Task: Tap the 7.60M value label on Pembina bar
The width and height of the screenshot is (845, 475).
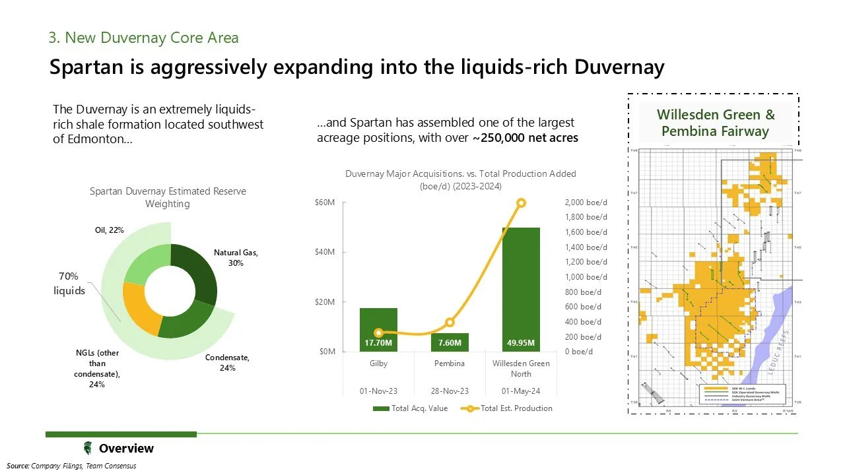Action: tap(450, 343)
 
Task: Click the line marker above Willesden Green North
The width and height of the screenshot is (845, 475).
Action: tap(522, 203)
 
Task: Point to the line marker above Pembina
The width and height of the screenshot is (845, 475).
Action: tap(450, 323)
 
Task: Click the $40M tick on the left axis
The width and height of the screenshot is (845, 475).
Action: tap(326, 252)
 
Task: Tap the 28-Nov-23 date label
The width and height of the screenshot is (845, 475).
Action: tap(450, 391)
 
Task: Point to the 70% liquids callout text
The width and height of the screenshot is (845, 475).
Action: tap(69, 283)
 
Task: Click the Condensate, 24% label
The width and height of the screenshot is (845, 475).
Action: tap(227, 362)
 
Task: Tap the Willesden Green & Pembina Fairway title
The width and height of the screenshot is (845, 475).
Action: tap(716, 123)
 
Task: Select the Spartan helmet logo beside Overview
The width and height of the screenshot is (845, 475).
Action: tap(88, 449)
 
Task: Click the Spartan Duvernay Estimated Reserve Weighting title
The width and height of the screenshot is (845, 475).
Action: tap(168, 197)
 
